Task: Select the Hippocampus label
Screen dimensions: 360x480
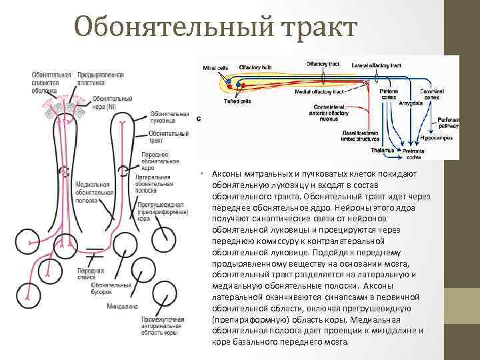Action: (437, 137)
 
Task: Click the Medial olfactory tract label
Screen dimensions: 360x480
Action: (319, 92)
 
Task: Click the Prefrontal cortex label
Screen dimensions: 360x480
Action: (415, 154)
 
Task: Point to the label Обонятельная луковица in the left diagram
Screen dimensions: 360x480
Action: (163, 117)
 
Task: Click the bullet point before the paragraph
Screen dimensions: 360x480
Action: (201, 174)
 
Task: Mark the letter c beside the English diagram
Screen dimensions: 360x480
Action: (199, 118)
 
